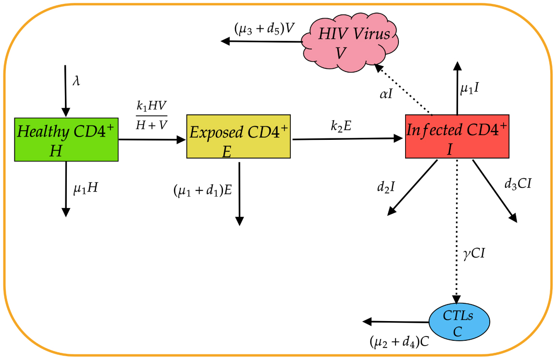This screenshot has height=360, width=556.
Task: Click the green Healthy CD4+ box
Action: click(66, 139)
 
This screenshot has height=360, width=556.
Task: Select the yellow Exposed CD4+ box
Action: click(238, 137)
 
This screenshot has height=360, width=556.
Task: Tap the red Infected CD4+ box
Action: click(457, 137)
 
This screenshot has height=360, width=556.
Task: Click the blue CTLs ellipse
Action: click(459, 323)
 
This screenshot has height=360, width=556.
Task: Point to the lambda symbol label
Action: click(76, 80)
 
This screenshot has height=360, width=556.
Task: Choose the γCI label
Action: click(473, 254)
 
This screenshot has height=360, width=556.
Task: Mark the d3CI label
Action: click(518, 183)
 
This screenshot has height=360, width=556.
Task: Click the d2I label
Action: click(385, 186)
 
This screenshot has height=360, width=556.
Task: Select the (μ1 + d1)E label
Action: click(203, 190)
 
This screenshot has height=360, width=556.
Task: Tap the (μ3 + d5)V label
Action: click(264, 29)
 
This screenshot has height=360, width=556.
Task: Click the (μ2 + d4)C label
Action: click(399, 342)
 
